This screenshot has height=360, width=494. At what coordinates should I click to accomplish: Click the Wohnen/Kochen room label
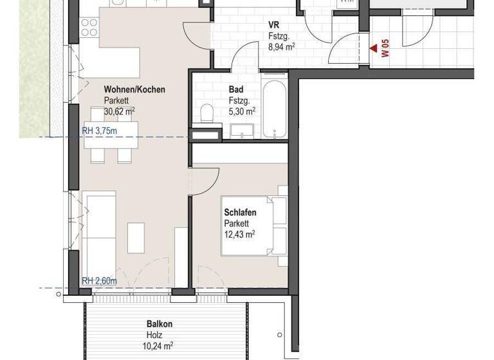[x=134, y=89]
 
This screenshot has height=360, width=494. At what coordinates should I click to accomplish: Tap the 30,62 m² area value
[x=120, y=111]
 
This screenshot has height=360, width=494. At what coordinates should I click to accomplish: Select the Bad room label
[x=235, y=89]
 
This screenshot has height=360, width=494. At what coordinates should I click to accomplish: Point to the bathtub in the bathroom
[x=275, y=105]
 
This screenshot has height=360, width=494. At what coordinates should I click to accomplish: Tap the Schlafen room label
[x=241, y=212]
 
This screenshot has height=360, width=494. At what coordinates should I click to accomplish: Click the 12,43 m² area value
[x=240, y=235]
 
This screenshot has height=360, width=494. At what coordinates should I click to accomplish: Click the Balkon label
[x=160, y=325]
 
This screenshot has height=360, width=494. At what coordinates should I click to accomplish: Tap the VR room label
[x=274, y=25]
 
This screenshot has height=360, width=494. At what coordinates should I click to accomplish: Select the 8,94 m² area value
[x=282, y=46]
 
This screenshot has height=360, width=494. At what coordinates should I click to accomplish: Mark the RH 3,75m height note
[x=100, y=132]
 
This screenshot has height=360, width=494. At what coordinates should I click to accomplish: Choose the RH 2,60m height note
[x=100, y=280]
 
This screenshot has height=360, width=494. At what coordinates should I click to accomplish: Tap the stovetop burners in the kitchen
[x=89, y=26]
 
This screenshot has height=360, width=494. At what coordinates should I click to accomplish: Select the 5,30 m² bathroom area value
[x=241, y=111]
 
